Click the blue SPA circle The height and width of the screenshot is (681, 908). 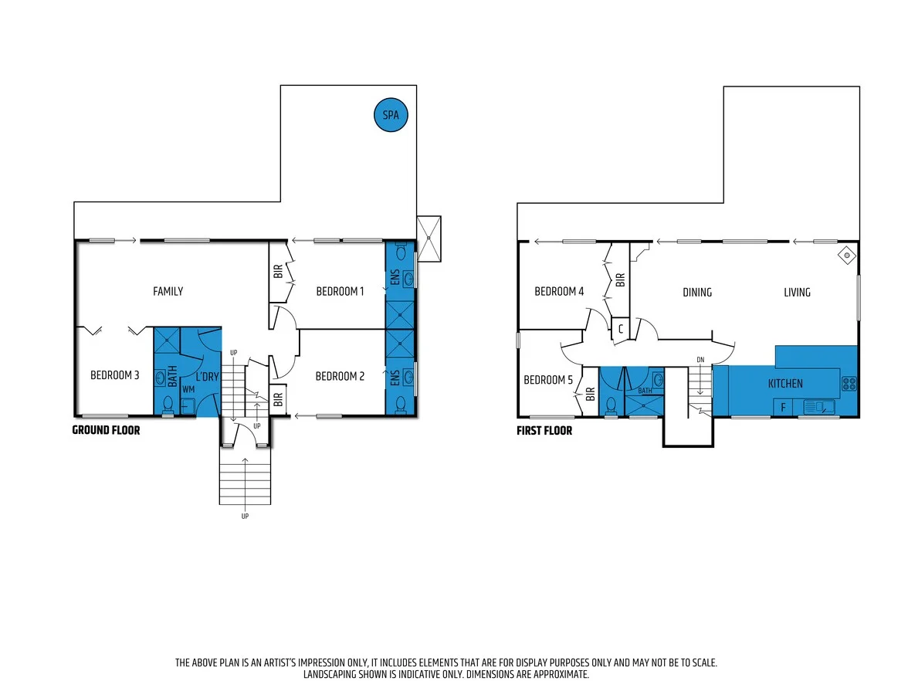(391, 116)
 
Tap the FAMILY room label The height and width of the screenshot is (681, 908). (168, 291)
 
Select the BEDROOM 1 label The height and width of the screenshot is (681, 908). (340, 291)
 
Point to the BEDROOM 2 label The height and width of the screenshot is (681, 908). (340, 376)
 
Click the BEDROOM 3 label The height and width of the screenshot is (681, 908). (114, 375)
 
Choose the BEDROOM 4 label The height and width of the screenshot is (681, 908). (559, 291)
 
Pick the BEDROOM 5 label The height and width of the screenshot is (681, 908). (548, 380)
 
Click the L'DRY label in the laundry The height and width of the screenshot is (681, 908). (206, 376)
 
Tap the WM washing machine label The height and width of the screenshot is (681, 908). (188, 390)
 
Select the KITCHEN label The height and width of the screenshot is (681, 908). (784, 383)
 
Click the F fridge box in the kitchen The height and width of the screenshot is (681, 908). (783, 406)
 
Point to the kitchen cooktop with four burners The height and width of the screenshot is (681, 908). (849, 383)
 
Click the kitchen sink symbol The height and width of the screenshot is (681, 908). (818, 406)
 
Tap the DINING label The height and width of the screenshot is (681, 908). (696, 292)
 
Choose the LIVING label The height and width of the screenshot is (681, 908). (797, 292)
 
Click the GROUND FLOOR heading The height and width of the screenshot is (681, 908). (106, 430)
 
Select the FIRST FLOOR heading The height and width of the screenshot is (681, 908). (544, 431)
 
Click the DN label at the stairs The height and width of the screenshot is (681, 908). (700, 359)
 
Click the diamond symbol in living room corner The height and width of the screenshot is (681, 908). (846, 253)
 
